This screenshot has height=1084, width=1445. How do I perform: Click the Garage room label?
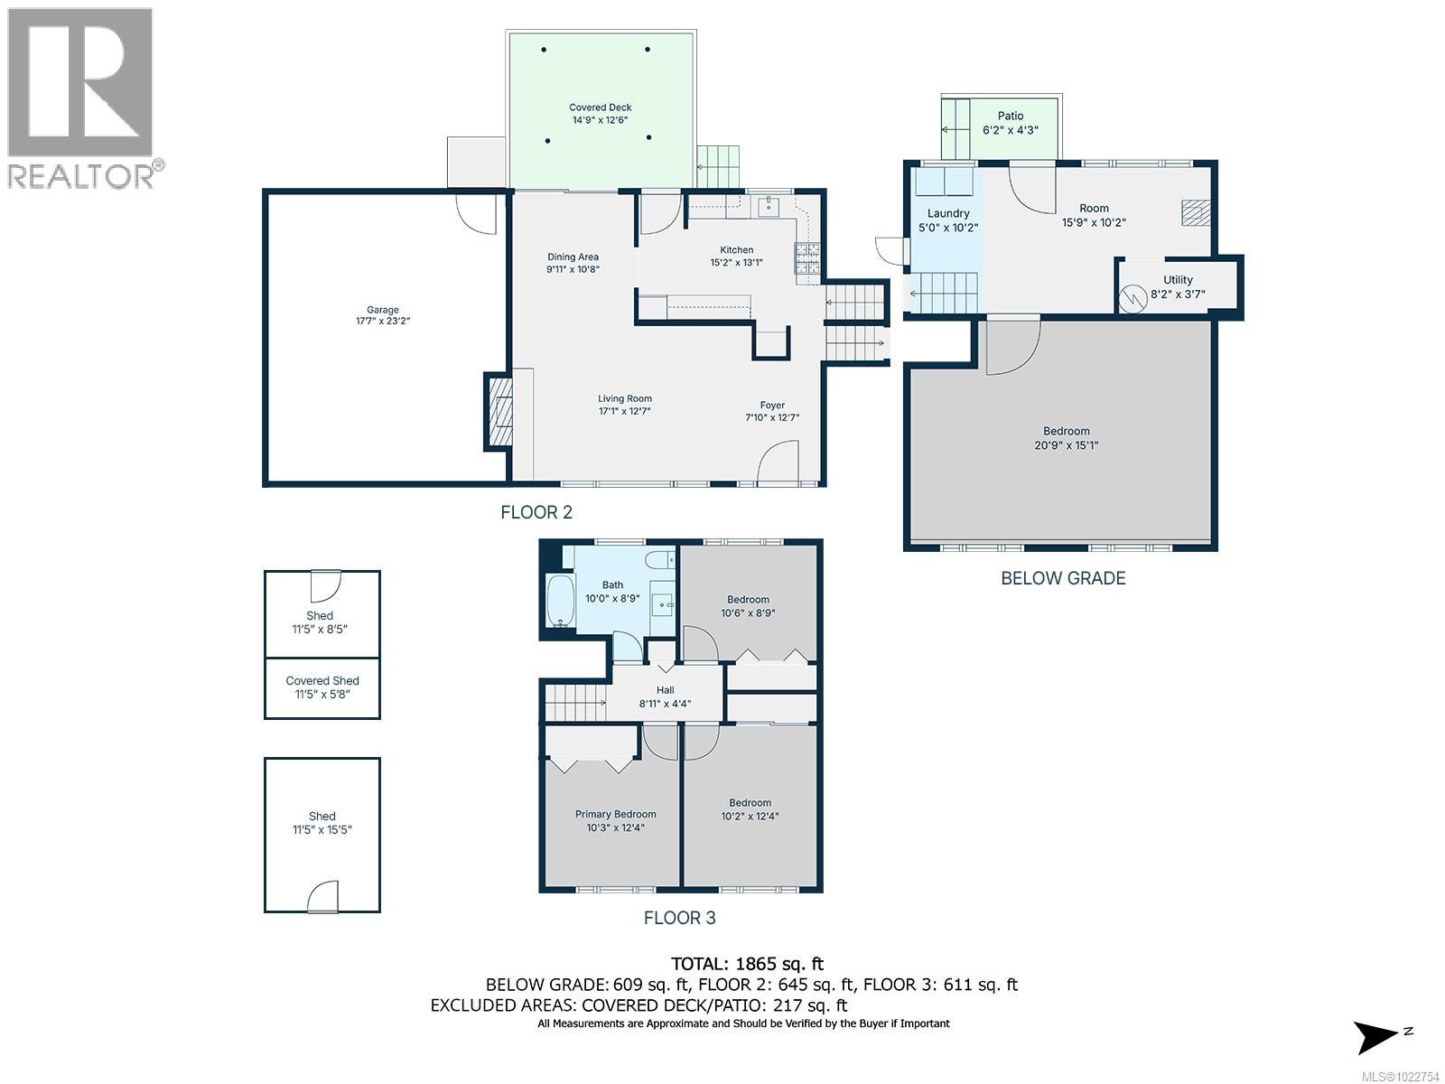pos(382,310)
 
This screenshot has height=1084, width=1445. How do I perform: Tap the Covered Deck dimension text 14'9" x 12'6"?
pos(600,120)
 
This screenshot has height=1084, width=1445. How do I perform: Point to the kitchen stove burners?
pos(807,259)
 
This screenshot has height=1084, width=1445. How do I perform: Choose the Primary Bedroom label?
pos(615,814)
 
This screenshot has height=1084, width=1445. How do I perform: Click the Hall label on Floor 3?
pos(666,690)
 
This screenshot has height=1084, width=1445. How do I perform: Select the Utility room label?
pos(1178,280)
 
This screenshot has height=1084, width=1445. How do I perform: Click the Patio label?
pos(1011,116)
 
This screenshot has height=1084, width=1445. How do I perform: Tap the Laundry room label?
pos(947,214)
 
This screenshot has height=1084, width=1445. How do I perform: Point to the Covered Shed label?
pos(322,681)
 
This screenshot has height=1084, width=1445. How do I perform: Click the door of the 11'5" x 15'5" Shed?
pos(323,897)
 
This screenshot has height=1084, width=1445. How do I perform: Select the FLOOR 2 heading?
pos(536,513)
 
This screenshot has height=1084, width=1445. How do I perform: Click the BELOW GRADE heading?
pos(1063,578)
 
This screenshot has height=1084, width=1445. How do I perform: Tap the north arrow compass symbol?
pos(1379,1035)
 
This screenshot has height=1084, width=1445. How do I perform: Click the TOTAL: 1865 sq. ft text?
pos(747,964)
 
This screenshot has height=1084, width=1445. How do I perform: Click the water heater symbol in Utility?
pos(1132,298)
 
